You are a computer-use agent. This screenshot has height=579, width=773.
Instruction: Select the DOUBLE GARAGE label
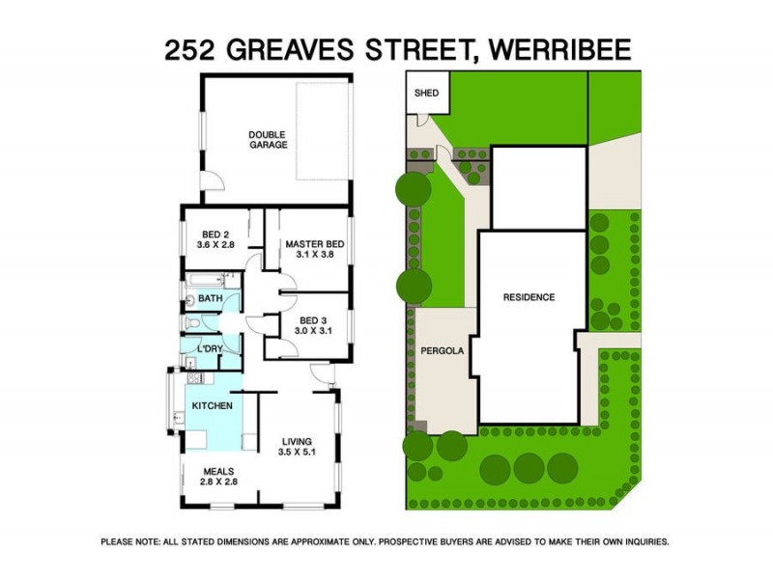click(268, 139)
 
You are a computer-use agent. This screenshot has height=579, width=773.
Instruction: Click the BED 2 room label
click(215, 234)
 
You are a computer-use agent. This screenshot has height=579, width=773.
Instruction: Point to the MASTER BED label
click(309, 244)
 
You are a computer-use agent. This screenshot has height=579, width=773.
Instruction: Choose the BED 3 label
click(308, 319)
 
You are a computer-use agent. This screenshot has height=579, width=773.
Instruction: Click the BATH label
click(211, 300)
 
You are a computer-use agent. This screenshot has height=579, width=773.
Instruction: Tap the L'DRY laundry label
click(210, 349)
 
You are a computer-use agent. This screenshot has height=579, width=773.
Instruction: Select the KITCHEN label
click(212, 406)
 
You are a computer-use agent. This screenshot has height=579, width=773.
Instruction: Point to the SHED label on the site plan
click(426, 94)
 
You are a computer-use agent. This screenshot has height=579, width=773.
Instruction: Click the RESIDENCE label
click(529, 297)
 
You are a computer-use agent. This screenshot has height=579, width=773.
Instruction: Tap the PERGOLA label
click(438, 351)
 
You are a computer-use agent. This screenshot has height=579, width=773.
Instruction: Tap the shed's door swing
click(422, 120)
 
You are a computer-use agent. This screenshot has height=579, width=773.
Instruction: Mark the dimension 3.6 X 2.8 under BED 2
click(215, 245)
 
